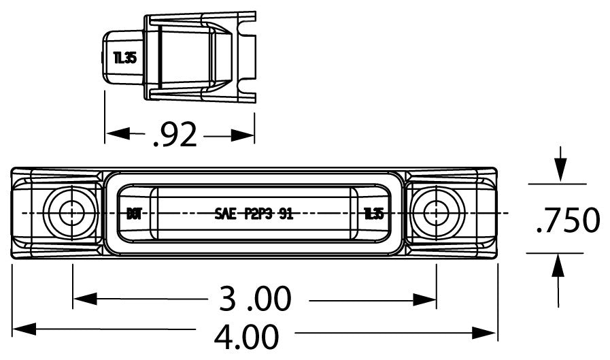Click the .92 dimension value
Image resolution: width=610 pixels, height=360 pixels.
click(175, 135)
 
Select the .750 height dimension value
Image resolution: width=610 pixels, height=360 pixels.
click(567, 220)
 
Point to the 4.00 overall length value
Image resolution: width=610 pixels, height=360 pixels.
click(246, 336)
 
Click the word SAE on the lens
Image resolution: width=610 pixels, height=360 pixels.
click(224, 214)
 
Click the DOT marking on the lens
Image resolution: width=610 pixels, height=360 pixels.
click(134, 214)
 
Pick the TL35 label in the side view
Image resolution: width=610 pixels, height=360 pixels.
click(125, 57)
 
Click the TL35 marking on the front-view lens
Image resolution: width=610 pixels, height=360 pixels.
click(373, 214)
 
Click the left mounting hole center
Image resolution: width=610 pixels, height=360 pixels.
click(69, 213)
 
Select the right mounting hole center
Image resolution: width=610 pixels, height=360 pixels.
click(435, 213)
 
